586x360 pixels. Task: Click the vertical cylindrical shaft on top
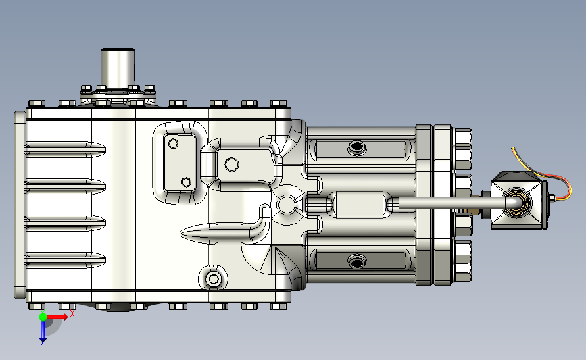point(118,69)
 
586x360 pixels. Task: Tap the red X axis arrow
point(57,317)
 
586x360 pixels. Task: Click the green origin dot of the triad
point(43,317)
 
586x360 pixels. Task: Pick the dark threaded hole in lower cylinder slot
point(357,263)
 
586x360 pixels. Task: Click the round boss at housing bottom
point(214,278)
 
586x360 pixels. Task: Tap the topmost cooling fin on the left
point(65,149)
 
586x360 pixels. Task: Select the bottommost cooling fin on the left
point(65,260)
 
